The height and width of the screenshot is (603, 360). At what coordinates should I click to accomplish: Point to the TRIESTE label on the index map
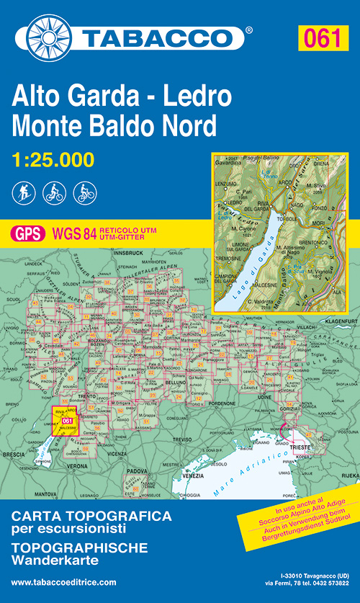click(x=300, y=447)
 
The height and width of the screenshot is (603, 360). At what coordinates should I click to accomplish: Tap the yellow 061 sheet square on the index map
click(x=66, y=421)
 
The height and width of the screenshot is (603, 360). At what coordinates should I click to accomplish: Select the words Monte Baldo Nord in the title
click(x=114, y=125)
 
